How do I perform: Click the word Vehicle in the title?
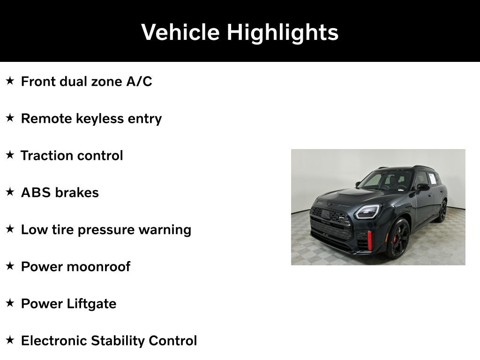click(180, 32)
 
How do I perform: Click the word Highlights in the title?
click(282, 32)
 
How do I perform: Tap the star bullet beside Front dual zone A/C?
click(10, 81)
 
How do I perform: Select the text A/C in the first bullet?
click(139, 82)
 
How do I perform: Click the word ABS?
click(36, 193)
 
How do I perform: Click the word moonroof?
click(98, 267)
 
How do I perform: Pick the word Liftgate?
click(91, 304)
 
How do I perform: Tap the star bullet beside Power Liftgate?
click(10, 303)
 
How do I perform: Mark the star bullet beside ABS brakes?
click(10, 192)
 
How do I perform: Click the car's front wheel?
click(397, 238)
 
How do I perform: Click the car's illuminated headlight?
click(367, 212)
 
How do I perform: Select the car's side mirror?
click(423, 187)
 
